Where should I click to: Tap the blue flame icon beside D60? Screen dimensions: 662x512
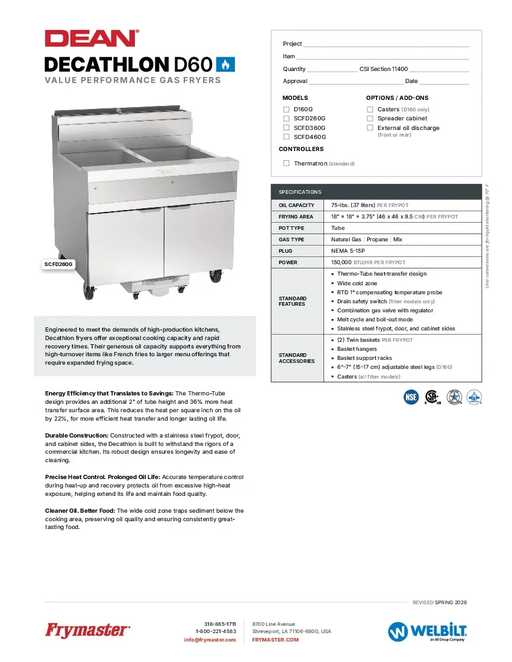(x=225, y=64)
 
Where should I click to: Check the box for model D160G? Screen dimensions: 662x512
(x=286, y=110)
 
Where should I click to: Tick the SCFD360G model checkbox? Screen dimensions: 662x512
(x=286, y=128)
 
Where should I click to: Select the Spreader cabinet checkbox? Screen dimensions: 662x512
(x=370, y=119)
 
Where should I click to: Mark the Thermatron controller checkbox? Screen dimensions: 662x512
(x=286, y=163)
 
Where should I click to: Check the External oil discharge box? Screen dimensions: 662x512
(x=370, y=128)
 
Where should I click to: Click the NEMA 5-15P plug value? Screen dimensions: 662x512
(x=348, y=251)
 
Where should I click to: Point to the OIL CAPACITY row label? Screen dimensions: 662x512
(x=297, y=205)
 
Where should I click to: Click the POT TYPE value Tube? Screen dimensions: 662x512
(x=338, y=228)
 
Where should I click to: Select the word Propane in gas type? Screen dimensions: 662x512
(x=378, y=240)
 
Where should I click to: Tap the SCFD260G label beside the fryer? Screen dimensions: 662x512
(x=59, y=264)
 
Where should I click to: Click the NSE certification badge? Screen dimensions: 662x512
(x=411, y=397)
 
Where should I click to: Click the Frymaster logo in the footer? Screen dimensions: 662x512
(x=87, y=631)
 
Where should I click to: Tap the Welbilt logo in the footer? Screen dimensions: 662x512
(x=428, y=631)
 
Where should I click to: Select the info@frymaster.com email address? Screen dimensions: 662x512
(x=210, y=640)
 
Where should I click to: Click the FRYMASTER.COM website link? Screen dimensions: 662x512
(x=275, y=640)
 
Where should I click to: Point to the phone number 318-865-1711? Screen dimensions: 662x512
(x=220, y=624)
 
